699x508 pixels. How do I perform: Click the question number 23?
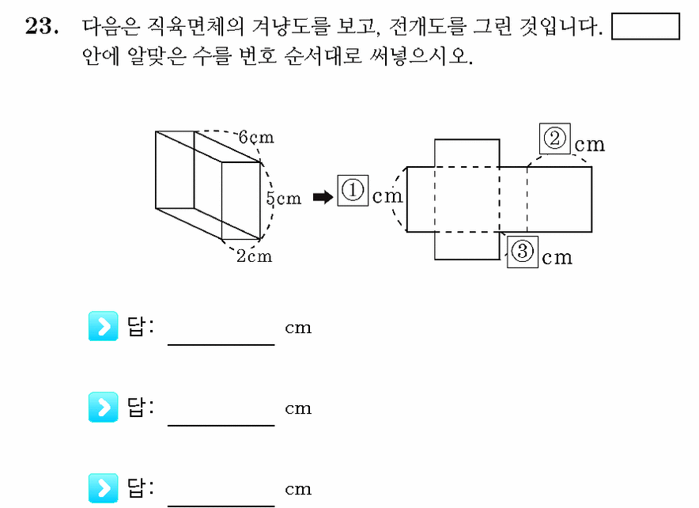pos(42,26)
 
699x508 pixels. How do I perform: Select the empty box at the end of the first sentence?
pos(645,26)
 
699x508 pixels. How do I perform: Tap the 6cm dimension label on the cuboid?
pos(256,137)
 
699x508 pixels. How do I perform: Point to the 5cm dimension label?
pos(284,198)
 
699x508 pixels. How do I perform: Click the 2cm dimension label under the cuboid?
pos(254,256)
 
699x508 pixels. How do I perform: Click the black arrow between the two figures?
pos(323,197)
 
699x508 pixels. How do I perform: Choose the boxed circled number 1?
pos(353,191)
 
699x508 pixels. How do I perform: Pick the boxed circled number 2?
pos(555,138)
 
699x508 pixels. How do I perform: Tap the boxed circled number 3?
pos(523,252)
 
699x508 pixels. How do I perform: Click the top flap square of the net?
pos(467,153)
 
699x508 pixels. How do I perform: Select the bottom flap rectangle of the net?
pos(467,245)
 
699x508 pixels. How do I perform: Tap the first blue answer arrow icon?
pos(104,326)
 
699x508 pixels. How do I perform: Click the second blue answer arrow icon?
pos(104,407)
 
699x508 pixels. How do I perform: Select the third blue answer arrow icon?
pos(104,488)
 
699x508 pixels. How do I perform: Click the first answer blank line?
pos(221,345)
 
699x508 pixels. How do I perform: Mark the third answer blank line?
pos(221,506)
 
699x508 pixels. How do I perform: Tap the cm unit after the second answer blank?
pos(298,408)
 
